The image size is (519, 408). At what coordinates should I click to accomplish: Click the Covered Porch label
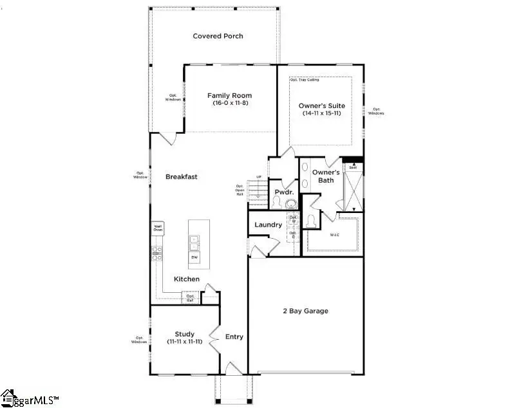tap(218, 36)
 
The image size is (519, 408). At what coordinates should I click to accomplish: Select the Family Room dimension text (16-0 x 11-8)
tap(229, 103)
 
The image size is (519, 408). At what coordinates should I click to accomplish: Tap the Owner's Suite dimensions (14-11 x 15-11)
tap(322, 113)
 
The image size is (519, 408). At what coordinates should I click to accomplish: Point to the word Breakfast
tap(181, 176)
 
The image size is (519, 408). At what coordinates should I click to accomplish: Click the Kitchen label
tap(186, 279)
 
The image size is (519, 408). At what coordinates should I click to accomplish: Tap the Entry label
tap(234, 337)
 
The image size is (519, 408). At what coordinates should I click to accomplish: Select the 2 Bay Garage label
tap(305, 311)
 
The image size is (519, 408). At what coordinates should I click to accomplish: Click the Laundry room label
tap(268, 225)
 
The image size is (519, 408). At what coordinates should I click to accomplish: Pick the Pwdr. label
tap(284, 192)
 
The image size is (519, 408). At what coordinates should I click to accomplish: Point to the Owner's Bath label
tap(326, 176)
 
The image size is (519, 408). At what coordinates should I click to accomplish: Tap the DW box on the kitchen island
tap(194, 257)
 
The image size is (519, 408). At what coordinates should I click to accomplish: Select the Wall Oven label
tap(157, 228)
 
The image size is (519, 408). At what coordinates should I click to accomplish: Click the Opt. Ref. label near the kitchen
tap(190, 298)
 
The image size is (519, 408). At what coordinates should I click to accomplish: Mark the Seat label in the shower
tap(352, 167)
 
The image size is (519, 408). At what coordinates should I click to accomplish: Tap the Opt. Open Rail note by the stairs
tap(240, 190)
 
